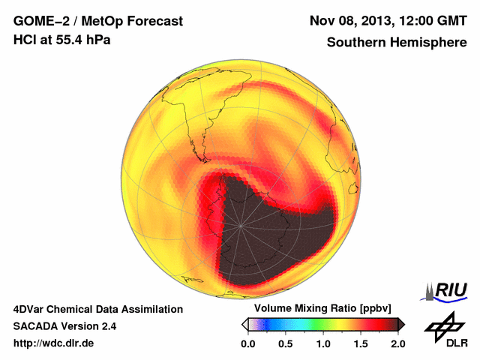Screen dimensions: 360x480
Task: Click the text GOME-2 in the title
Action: (38, 21)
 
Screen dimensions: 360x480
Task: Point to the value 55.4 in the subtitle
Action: (70, 40)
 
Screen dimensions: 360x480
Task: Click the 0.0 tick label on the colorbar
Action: (248, 343)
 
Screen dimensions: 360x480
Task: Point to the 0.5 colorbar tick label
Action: (286, 343)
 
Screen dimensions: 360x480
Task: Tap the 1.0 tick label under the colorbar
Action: (323, 343)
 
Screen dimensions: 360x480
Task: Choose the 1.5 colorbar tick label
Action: (361, 343)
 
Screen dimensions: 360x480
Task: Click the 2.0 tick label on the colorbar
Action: (397, 343)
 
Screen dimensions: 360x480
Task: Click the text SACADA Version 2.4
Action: (65, 326)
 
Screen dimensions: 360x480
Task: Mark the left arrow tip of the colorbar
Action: (244, 324)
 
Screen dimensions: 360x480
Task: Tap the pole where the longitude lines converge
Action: (241, 225)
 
